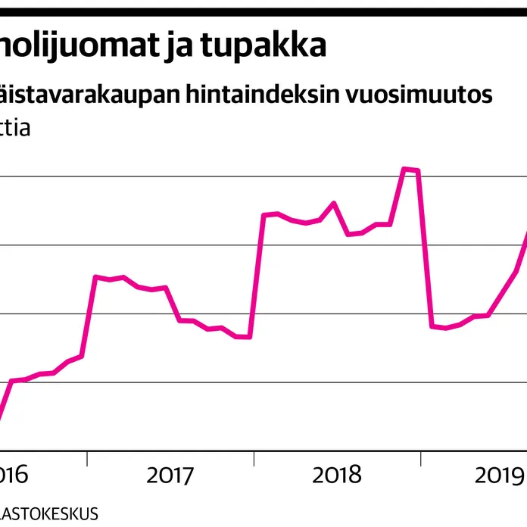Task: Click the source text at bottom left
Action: coord(48,513)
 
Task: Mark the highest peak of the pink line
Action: coord(405,169)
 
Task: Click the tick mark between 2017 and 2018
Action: coord(254,457)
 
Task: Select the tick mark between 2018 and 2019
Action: coord(422,457)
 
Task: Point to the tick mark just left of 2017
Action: coord(87,457)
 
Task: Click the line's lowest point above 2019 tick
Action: coord(445,328)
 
